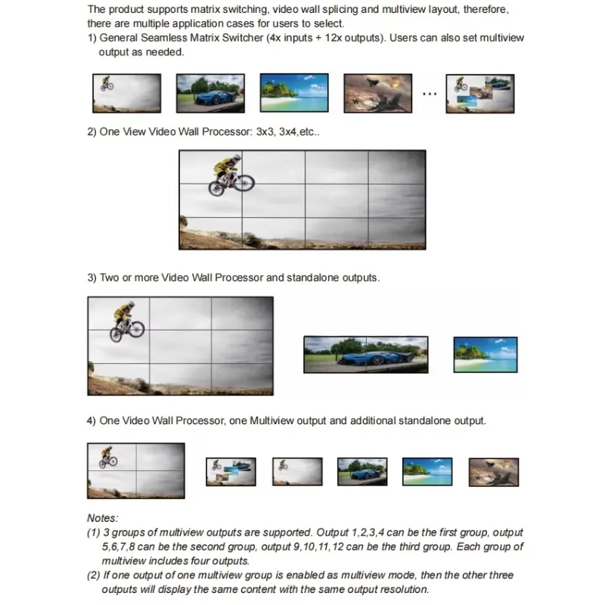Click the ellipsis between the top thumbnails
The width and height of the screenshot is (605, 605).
[x=430, y=94]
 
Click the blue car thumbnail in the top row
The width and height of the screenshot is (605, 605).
[x=210, y=93]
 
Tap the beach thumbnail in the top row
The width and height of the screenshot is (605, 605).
[x=294, y=92]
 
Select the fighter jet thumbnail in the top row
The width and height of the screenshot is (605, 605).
[x=377, y=93]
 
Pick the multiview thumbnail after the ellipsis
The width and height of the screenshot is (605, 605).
[x=480, y=94]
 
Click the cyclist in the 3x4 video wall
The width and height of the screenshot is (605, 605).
[x=231, y=175]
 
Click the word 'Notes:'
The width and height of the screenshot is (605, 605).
[x=103, y=518]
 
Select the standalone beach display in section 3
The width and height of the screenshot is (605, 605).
[x=486, y=355]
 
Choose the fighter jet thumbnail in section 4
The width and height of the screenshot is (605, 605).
[x=494, y=472]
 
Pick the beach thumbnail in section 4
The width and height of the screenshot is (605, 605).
[x=427, y=471]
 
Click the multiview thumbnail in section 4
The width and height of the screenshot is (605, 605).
[x=231, y=471]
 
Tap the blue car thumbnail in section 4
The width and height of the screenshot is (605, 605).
[x=362, y=471]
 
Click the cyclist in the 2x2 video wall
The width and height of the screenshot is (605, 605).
[x=108, y=458]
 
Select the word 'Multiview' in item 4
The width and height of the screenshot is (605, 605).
[x=271, y=420]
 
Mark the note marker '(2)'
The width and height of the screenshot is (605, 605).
[x=94, y=576]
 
